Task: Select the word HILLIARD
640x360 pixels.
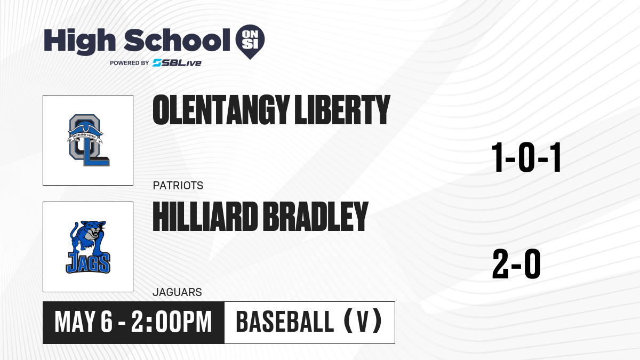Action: point(205,217)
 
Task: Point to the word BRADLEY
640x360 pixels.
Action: point(315,217)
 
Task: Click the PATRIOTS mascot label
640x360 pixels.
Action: point(178,186)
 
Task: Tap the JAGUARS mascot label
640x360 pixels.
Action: point(178,292)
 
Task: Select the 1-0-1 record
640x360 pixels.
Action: point(526,157)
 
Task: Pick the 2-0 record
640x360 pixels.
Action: point(517,263)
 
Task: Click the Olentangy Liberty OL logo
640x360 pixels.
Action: point(89,140)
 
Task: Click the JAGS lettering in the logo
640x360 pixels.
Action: point(88,262)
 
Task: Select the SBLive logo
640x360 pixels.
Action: point(177,63)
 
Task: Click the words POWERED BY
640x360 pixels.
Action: point(130,63)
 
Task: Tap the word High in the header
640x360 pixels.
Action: point(79,42)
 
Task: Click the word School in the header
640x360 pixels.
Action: point(177,40)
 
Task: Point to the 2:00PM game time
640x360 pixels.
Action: point(171,322)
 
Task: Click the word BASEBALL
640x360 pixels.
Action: point(285,322)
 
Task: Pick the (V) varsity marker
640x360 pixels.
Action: point(363,322)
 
